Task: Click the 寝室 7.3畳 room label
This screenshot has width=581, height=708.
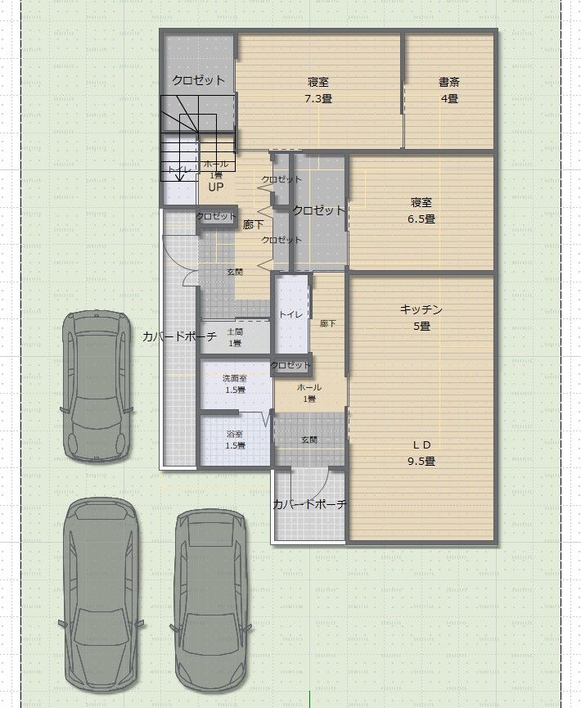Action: click(318, 90)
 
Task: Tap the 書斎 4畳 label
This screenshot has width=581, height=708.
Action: click(449, 90)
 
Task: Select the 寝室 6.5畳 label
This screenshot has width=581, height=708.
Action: click(421, 210)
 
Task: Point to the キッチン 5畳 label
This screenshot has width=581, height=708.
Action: click(421, 318)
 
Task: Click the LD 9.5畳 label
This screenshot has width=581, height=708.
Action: click(421, 453)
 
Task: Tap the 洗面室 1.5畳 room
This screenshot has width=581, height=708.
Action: click(235, 384)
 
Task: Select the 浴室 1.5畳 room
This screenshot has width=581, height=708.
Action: click(235, 440)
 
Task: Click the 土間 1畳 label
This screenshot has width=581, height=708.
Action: click(235, 337)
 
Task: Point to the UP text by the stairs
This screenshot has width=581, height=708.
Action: click(216, 187)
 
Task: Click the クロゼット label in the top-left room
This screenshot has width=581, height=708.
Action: click(198, 80)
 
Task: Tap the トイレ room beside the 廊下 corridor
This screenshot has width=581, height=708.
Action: click(291, 314)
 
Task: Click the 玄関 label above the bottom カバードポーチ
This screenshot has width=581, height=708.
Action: click(309, 440)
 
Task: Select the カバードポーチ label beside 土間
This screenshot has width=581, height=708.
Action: click(179, 336)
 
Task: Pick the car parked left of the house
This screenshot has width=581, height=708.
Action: click(97, 386)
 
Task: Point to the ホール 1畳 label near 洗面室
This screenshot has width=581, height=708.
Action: click(309, 393)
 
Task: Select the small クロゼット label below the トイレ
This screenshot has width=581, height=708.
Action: click(290, 365)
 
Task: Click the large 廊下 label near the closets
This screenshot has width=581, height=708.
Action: click(253, 224)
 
